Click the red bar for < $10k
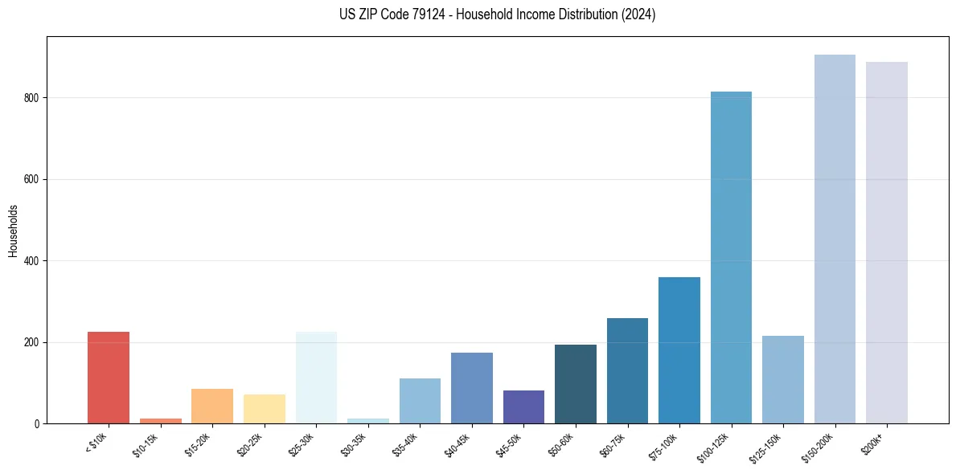pyautogui.click(x=108, y=378)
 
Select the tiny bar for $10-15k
pyautogui.click(x=160, y=420)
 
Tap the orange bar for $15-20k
pyautogui.click(x=212, y=407)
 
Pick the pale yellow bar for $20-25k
pyautogui.click(x=264, y=409)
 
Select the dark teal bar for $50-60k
pyautogui.click(x=576, y=384)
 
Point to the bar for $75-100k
pyautogui.click(x=679, y=350)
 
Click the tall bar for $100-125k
pyautogui.click(x=731, y=257)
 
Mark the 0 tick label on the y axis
pyautogui.click(x=38, y=423)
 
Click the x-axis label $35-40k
pyautogui.click(x=407, y=443)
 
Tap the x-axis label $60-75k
pyautogui.click(x=614, y=443)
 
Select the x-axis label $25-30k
pyautogui.click(x=303, y=443)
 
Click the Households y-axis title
pyautogui.click(x=13, y=230)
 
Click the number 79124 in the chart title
pyautogui.click(x=424, y=14)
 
